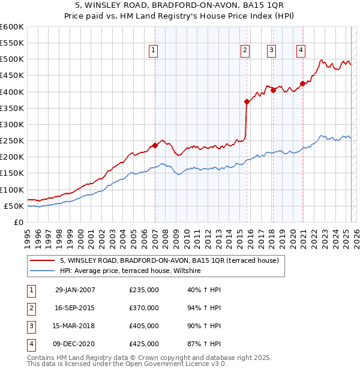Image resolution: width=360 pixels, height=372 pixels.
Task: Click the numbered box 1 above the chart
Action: tap(154, 50)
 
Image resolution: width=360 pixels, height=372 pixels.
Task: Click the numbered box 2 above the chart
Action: tap(245, 50)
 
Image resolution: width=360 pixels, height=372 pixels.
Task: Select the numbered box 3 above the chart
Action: tap(272, 50)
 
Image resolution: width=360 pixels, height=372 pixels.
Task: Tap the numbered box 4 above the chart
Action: tap(301, 50)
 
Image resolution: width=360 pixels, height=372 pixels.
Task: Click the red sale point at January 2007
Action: tap(155, 145)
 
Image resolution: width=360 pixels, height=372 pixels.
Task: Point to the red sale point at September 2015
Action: tap(247, 101)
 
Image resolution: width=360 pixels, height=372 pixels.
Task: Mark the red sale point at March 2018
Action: tap(273, 90)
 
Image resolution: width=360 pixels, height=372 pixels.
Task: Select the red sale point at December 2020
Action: tap(302, 83)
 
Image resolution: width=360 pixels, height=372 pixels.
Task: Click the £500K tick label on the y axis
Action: tap(11, 59)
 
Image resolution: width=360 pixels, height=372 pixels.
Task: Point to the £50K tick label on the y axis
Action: tap(14, 206)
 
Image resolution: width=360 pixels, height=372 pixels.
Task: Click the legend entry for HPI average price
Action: tap(133, 271)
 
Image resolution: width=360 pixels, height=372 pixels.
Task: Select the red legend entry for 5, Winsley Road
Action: tap(169, 261)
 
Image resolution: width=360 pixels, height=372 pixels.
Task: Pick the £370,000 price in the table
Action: tap(144, 308)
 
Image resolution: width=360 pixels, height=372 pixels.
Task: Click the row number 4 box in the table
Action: tap(30, 344)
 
